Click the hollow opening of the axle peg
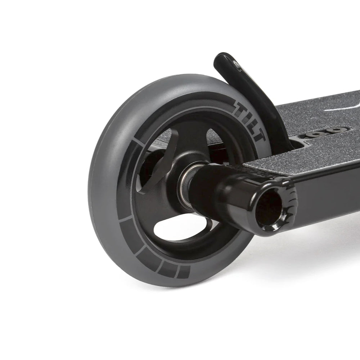pyautogui.click(x=269, y=208)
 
